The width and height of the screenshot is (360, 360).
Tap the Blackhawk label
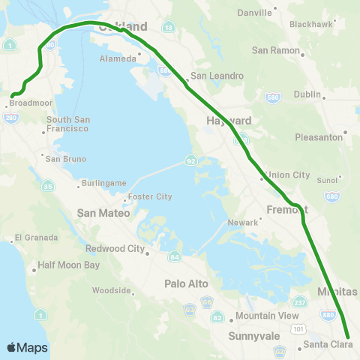[x=310, y=24]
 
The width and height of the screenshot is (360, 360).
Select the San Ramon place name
[x=274, y=50]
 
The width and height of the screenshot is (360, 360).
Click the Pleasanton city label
[x=319, y=137]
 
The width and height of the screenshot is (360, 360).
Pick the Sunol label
[x=327, y=180]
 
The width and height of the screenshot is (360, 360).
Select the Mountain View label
[x=257, y=316]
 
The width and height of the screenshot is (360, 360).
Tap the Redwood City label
[x=115, y=248]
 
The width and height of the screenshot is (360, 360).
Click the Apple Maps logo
[x=26, y=347]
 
